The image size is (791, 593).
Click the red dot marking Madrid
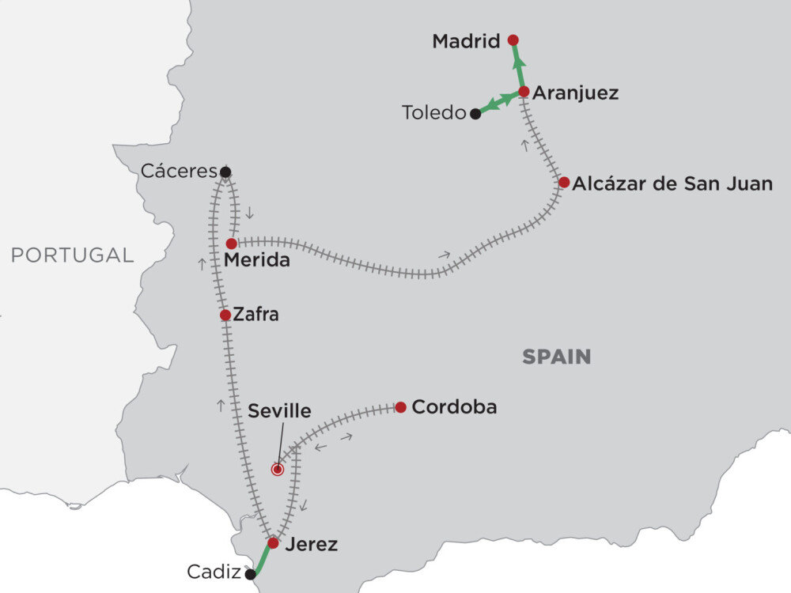[513, 40]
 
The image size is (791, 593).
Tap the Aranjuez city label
[575, 93]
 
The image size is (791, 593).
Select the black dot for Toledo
[475, 114]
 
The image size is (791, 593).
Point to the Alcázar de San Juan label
[672, 184]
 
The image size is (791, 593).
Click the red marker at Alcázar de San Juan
[563, 182]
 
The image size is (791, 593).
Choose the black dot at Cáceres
[225, 172]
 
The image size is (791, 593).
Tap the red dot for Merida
[231, 244]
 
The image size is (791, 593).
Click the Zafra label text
[256, 315]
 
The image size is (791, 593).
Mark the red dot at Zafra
[225, 315]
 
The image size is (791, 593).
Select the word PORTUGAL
[72, 255]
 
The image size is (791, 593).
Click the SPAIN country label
[556, 357]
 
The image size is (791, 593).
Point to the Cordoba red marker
[400, 407]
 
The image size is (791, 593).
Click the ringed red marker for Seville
[277, 470]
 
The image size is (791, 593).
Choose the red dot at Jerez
[273, 543]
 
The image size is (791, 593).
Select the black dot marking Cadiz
[251, 575]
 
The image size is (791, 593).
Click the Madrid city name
[467, 41]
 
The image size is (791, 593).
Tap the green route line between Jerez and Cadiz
[262, 559]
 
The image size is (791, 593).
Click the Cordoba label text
[455, 407]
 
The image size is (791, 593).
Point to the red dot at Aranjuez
[524, 91]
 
